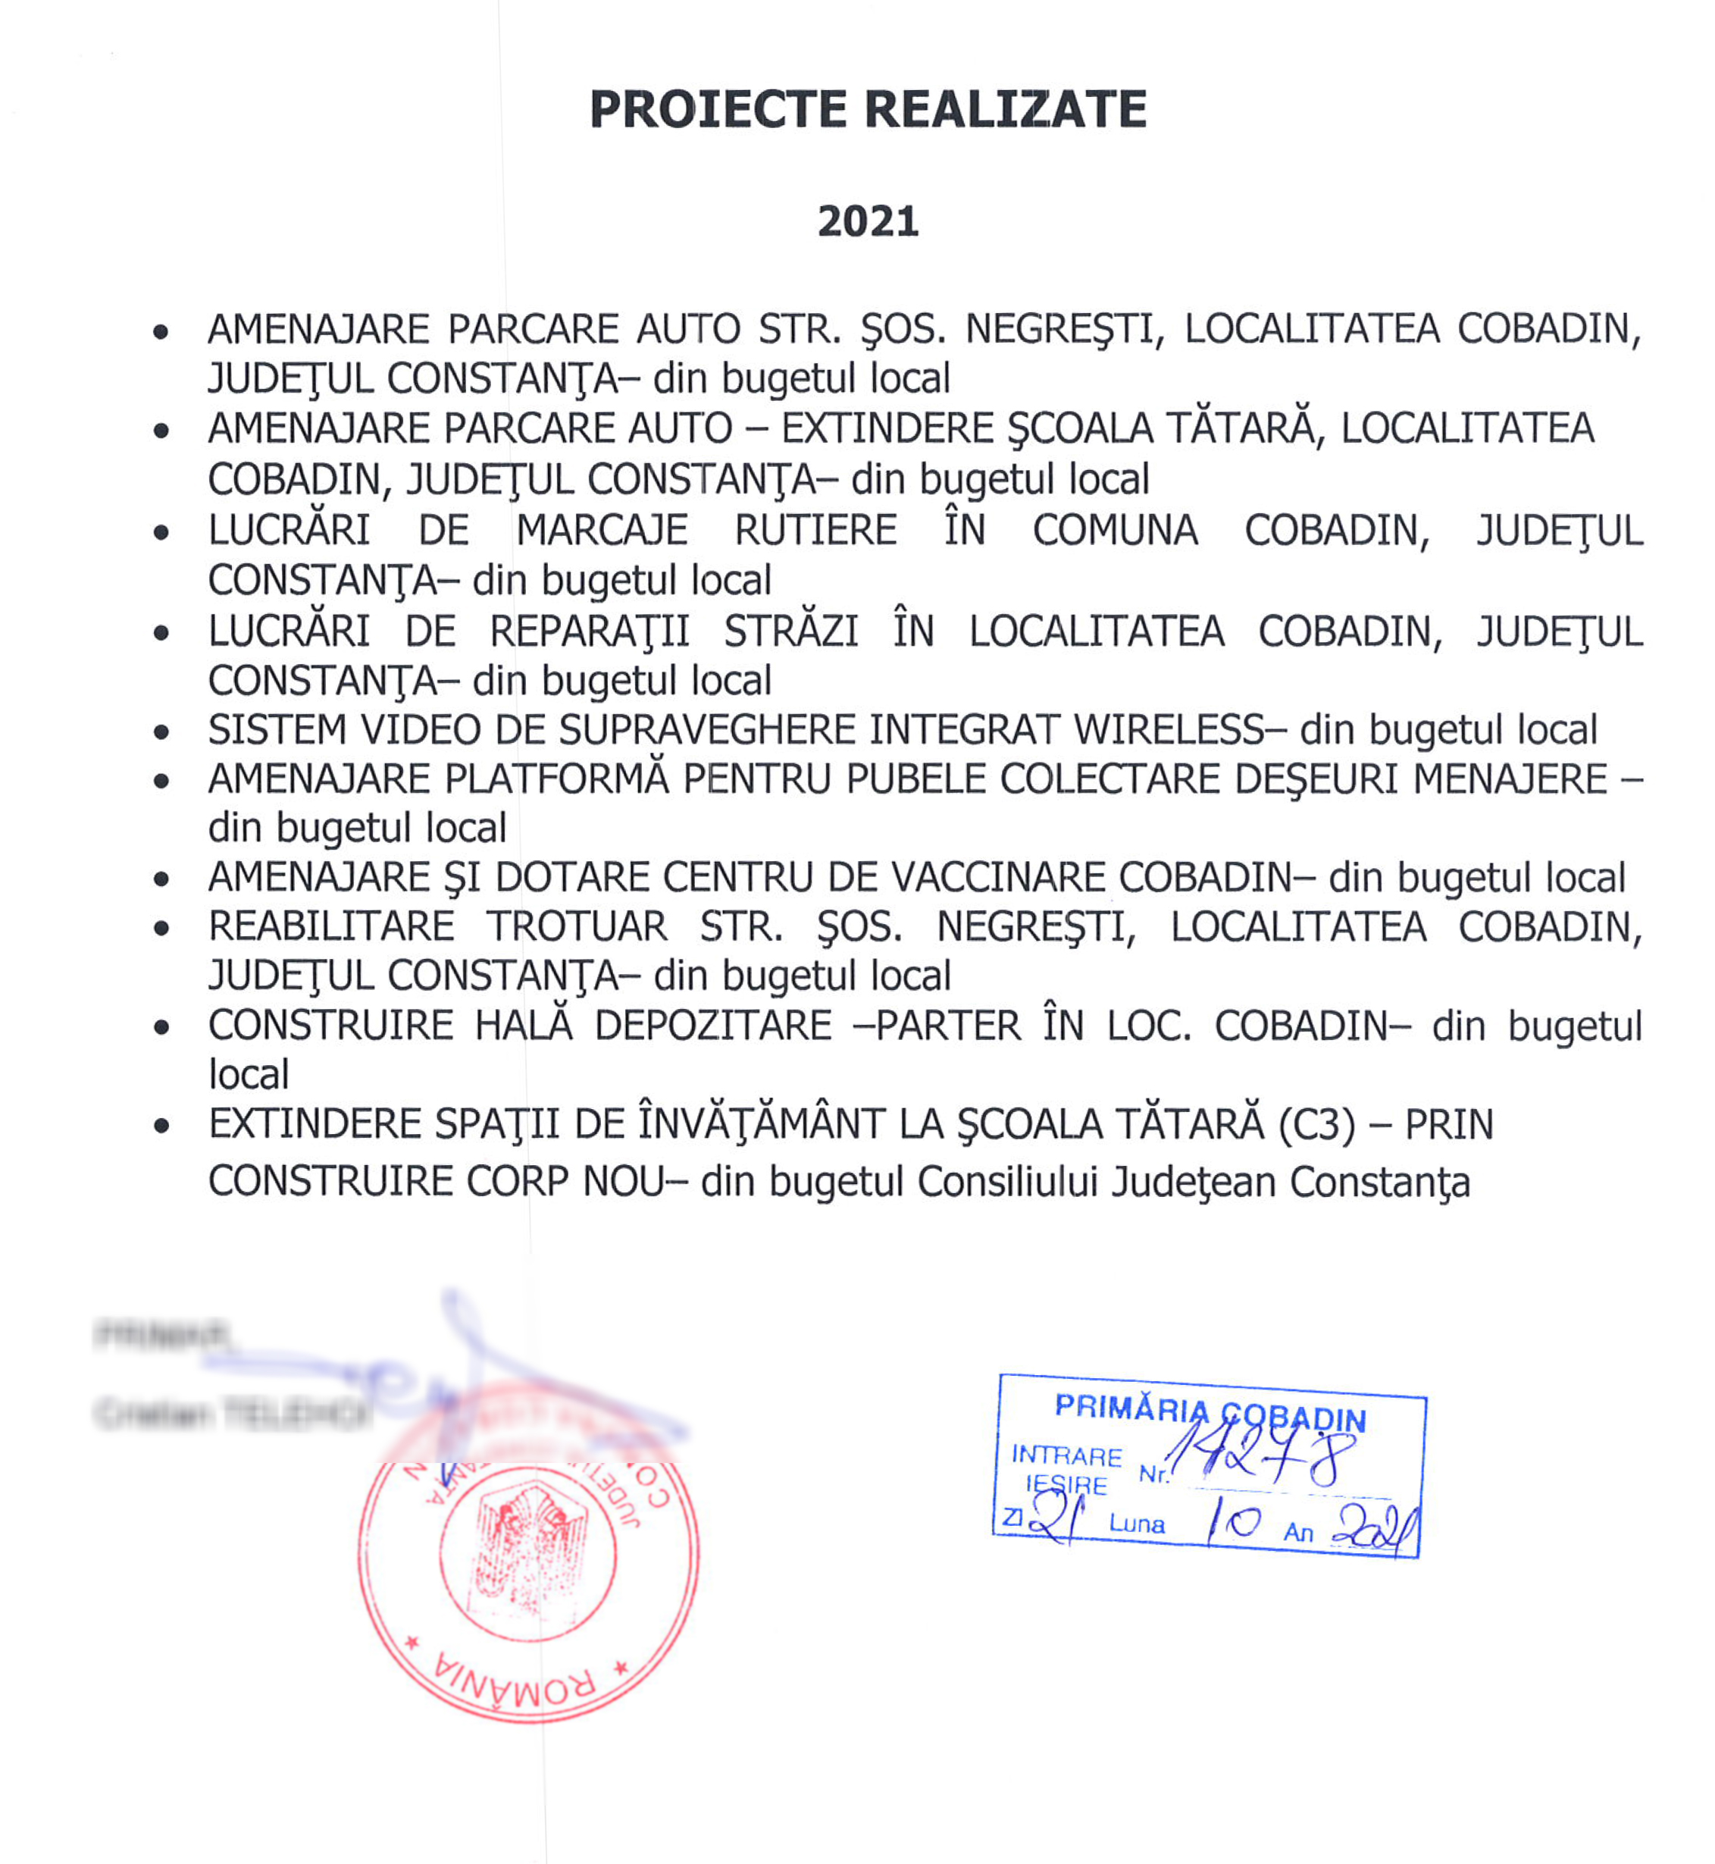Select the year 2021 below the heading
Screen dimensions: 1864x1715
(x=868, y=221)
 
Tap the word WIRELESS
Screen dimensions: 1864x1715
(x=1169, y=730)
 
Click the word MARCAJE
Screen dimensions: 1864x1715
(x=602, y=530)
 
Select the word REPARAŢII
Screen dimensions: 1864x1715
(x=590, y=632)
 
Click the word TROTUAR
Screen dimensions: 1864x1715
(x=576, y=926)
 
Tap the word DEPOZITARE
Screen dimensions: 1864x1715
(x=712, y=1026)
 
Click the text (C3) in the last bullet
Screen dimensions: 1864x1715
(x=1317, y=1125)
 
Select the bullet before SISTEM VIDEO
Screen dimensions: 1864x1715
(x=161, y=732)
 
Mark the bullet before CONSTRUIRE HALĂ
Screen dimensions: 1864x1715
(x=161, y=1028)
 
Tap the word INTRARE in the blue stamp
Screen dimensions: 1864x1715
(x=1066, y=1455)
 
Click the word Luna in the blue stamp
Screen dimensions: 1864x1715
(x=1137, y=1524)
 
